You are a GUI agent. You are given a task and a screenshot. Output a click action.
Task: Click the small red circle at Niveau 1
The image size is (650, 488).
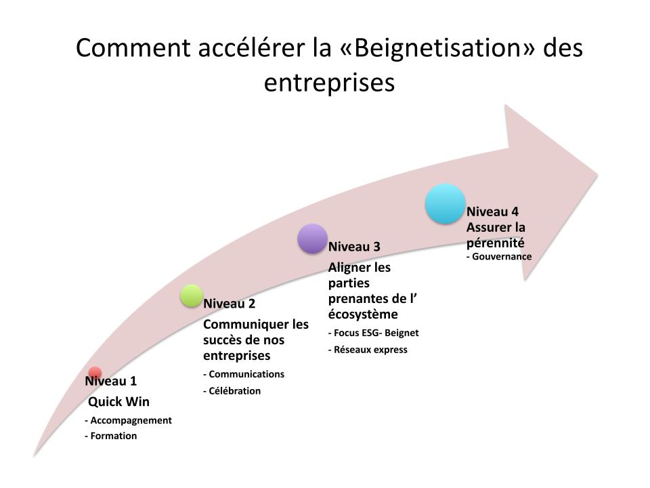pos(95,372)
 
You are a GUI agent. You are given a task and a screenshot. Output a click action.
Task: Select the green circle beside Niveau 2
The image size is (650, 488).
pos(192,295)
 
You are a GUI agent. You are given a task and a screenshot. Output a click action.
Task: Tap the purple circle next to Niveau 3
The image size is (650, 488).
pos(312,239)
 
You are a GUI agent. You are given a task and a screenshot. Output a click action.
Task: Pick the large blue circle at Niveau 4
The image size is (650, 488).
pos(446,203)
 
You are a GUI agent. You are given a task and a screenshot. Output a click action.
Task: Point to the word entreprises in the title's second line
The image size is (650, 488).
pos(329,82)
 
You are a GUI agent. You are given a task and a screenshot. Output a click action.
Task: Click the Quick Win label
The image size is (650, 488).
pos(119,402)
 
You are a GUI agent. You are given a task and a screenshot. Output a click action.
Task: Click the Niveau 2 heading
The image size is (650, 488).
pos(230,304)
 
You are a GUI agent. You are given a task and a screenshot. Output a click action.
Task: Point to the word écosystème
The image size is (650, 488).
pos(363,314)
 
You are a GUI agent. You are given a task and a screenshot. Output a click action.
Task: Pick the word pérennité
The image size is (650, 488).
pos(496,242)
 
